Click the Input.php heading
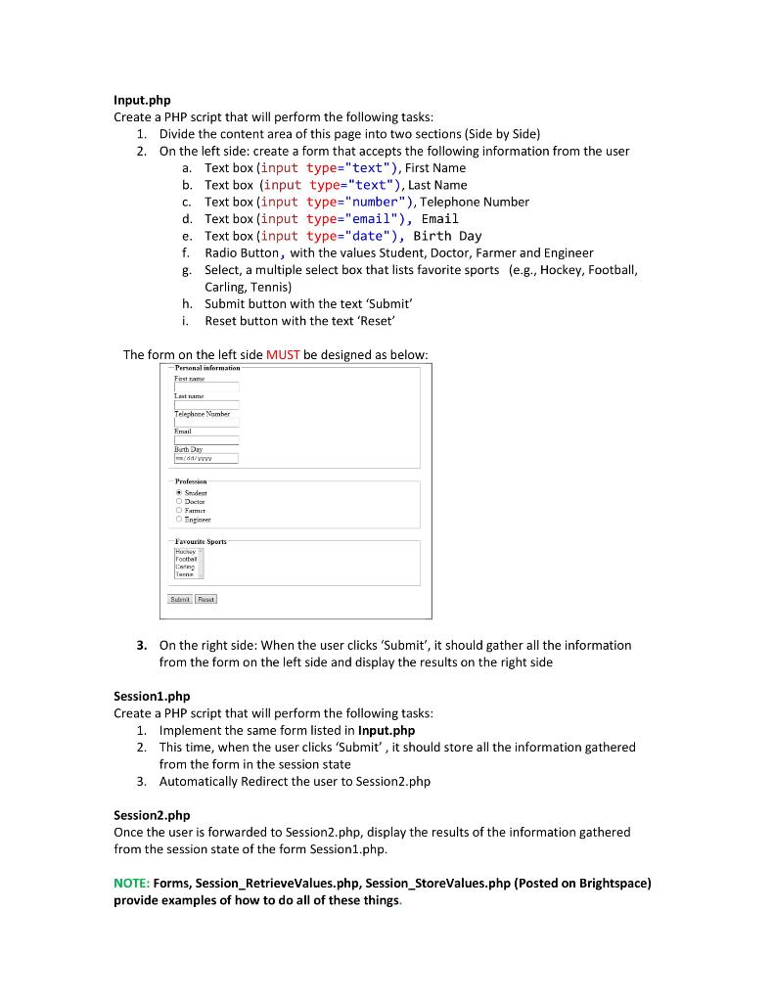pos(142,100)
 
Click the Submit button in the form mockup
pos(180,599)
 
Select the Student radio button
pos(179,493)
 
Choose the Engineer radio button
pos(179,520)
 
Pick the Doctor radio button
pos(179,502)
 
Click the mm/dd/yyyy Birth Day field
pos(205,458)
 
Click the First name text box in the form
pos(205,387)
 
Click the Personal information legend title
pos(206,367)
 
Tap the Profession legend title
pos(191,481)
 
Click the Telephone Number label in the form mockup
pos(202,414)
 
